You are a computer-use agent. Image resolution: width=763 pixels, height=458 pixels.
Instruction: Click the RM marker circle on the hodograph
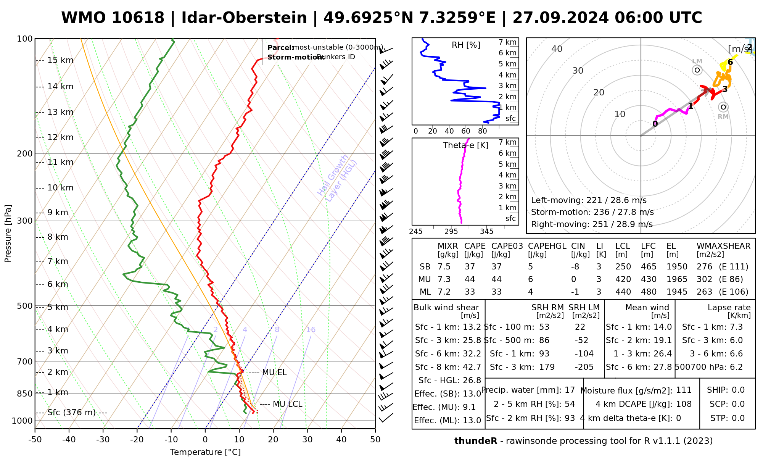(723, 107)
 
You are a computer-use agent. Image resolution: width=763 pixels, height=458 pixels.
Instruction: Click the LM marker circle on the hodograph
(697, 70)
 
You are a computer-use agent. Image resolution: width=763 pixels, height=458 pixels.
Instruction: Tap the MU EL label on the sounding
(274, 373)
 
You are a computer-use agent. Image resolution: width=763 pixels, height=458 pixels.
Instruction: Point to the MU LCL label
(287, 404)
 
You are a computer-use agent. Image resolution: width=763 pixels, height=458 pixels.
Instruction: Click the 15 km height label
(60, 60)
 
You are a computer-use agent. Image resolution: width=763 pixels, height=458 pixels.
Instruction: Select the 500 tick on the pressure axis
(25, 306)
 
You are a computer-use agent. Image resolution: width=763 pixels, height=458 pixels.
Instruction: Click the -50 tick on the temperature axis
(35, 440)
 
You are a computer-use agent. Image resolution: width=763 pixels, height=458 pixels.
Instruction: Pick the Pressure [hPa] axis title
(8, 234)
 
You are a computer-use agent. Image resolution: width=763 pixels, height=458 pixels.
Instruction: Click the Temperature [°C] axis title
(205, 452)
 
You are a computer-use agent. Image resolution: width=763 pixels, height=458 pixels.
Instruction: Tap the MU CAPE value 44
(470, 279)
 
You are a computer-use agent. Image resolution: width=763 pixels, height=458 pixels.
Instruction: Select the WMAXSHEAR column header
(723, 246)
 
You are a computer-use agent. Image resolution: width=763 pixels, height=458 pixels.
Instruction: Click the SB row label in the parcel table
(425, 267)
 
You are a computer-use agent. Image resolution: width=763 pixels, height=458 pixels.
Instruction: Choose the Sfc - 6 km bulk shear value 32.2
(472, 354)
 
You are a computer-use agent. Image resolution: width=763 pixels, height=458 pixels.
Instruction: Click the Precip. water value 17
(570, 390)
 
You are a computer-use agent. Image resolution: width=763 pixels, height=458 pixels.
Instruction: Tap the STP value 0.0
(738, 418)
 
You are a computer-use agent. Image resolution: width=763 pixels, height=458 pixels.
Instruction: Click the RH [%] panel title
(466, 45)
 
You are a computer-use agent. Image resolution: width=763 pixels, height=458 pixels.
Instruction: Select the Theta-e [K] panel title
(465, 145)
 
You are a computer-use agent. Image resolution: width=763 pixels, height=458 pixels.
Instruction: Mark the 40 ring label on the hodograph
(557, 49)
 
